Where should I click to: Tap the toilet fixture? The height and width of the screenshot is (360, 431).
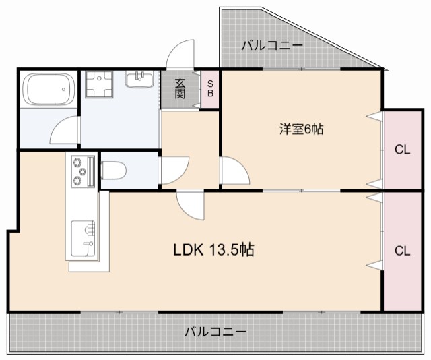112,173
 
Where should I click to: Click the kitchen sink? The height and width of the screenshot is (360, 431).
83,236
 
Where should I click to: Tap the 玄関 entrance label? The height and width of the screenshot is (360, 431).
180,89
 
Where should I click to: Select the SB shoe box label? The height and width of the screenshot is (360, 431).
210,89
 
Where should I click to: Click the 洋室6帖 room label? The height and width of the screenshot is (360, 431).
301,129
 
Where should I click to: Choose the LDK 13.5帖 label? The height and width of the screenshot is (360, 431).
213,250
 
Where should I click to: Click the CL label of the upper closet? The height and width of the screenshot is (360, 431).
402,150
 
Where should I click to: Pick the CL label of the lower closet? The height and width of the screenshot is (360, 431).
402,251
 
